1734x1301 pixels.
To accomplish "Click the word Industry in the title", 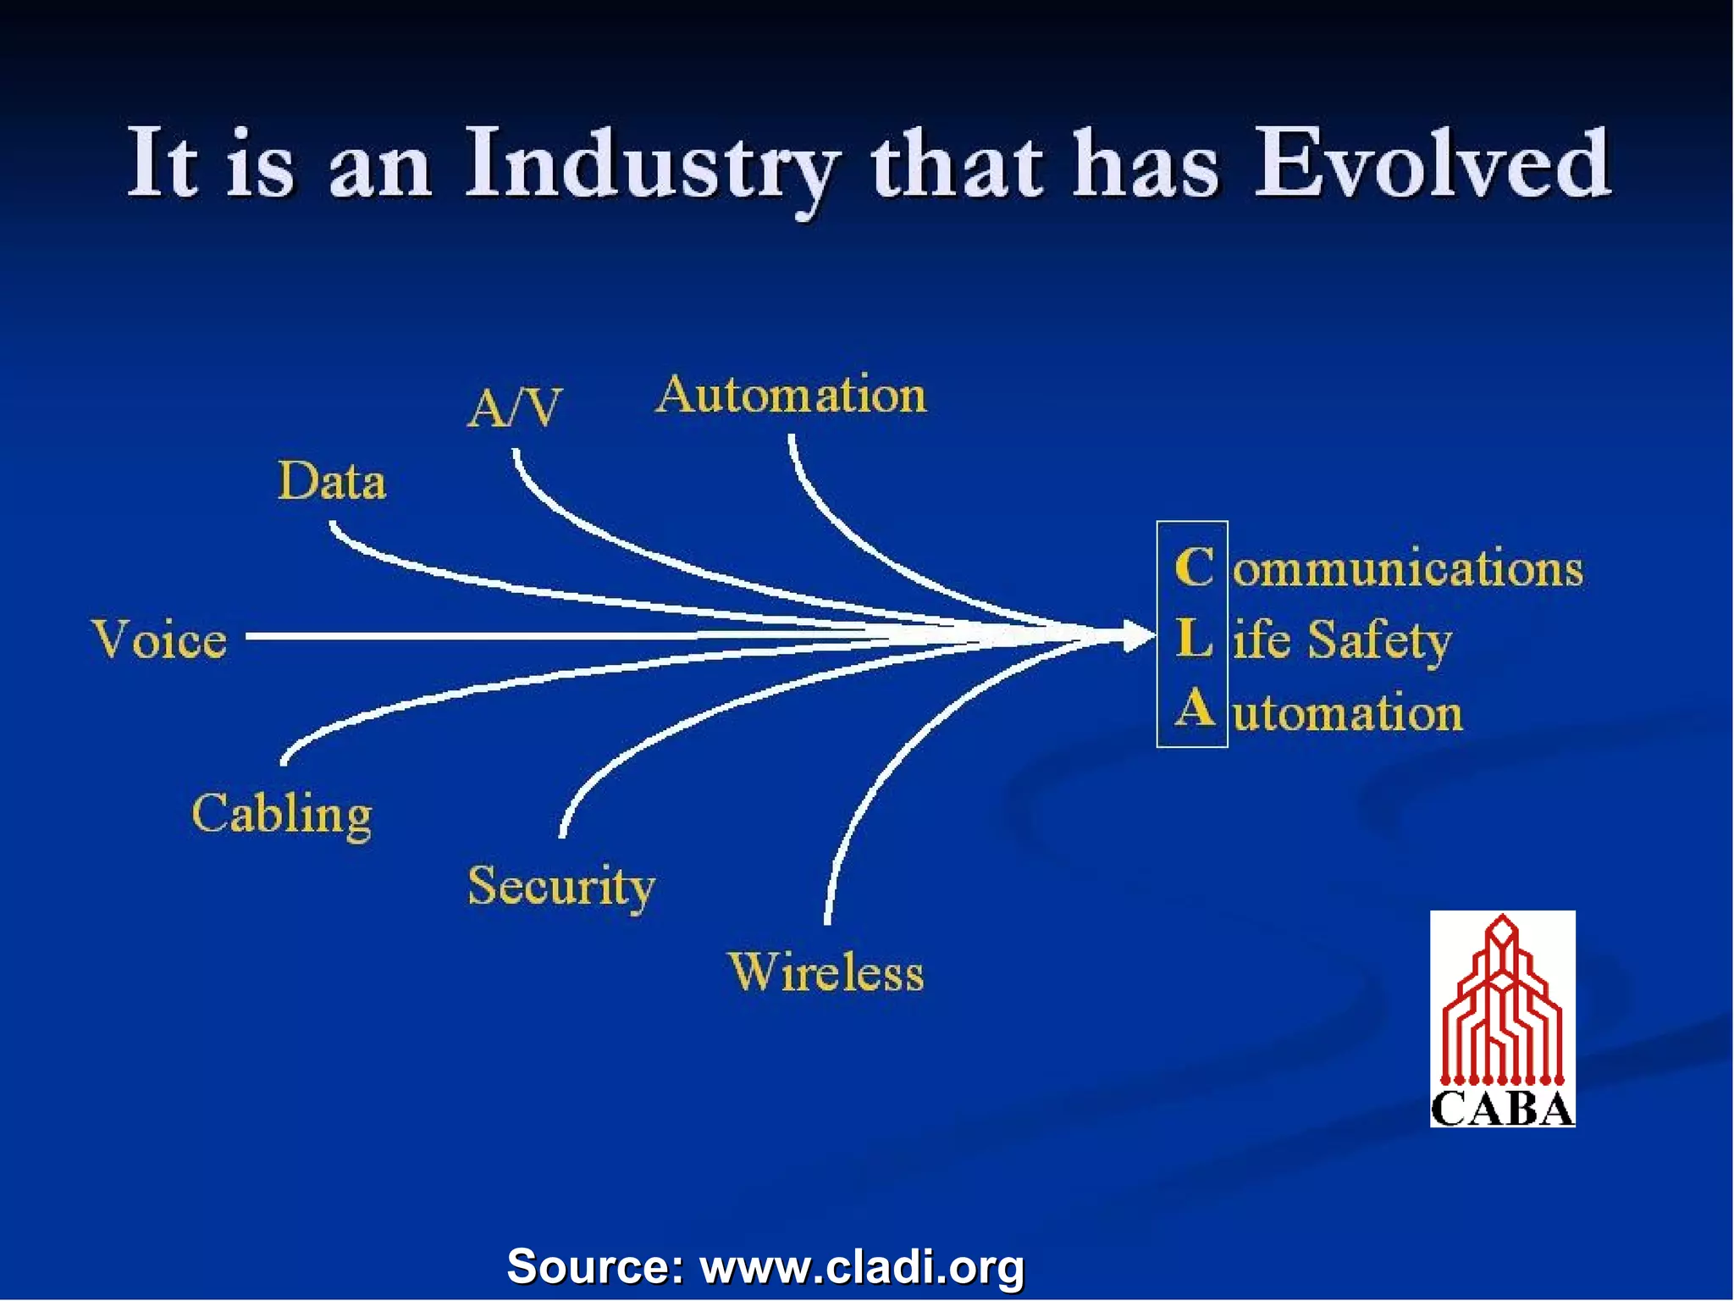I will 652,165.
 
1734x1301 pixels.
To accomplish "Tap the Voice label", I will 159,639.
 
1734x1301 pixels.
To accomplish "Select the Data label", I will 332,481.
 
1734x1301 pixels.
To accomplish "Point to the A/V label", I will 514,408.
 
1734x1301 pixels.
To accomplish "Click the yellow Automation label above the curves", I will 791,395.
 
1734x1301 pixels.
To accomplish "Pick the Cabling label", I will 281,815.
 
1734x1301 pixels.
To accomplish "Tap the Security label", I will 561,887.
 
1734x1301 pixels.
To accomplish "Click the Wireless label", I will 826,972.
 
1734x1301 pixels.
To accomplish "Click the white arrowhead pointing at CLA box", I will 1137,635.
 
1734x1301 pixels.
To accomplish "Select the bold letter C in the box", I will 1194,567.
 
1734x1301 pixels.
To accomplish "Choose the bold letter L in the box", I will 1194,638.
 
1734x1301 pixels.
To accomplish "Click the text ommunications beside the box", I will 1407,568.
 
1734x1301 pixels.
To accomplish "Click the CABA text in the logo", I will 1502,1108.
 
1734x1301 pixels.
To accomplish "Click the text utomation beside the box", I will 1347,712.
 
